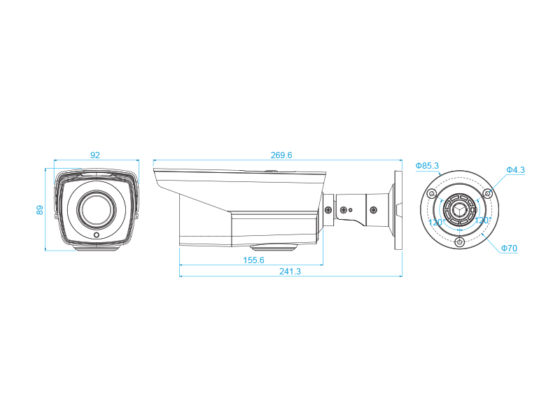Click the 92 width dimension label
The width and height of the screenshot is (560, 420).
[95, 155]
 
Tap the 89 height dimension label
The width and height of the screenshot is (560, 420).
[41, 209]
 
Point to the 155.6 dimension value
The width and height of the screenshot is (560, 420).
[253, 260]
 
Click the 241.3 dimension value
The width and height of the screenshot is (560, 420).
[290, 272]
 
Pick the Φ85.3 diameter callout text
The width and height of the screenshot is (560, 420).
[427, 166]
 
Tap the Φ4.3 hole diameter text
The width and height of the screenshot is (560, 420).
[516, 170]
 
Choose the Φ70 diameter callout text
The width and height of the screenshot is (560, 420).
[509, 248]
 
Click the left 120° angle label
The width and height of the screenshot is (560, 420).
[436, 222]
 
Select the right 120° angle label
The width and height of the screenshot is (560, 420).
[483, 220]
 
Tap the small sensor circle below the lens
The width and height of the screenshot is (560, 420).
[97, 235]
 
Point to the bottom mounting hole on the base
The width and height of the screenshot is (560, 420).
[459, 241]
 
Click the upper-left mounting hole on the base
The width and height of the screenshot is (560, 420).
[432, 193]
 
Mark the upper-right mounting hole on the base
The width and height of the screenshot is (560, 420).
[487, 193]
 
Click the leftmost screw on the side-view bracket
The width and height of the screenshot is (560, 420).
[328, 209]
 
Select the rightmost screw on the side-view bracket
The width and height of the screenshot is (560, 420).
[374, 209]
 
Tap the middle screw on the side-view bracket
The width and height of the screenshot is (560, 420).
[343, 209]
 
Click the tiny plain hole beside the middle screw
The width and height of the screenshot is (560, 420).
[351, 209]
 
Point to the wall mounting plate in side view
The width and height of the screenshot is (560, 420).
[398, 210]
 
